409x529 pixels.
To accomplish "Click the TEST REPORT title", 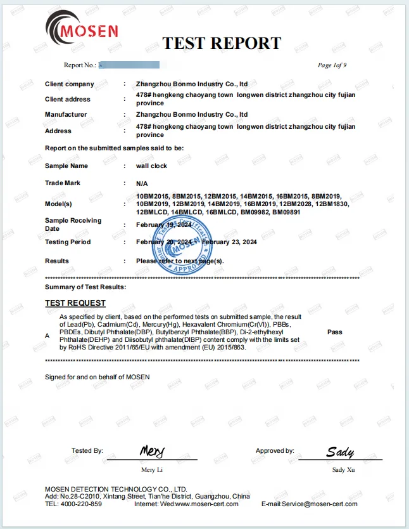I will (222, 43).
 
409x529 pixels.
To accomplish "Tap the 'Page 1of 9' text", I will (332, 65).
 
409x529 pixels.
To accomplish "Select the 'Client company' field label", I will (70, 84).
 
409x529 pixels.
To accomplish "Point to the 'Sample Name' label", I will (66, 166).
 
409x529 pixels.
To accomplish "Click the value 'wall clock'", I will (151, 166).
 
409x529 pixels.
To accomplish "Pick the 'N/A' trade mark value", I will (142, 183).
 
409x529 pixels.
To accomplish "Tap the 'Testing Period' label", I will (68, 242).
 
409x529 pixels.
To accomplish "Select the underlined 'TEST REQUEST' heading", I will (75, 303).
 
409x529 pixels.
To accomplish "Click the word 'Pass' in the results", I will (335, 332).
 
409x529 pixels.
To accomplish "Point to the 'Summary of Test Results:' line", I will (85, 287).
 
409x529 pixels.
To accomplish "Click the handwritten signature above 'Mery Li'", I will (152, 451).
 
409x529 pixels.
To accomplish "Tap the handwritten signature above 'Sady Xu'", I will (340, 452).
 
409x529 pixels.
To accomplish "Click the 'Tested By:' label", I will (87, 451).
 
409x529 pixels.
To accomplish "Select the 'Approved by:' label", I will (275, 451).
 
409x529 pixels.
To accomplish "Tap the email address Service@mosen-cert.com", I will (320, 504).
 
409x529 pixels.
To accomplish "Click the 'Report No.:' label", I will (80, 65).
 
